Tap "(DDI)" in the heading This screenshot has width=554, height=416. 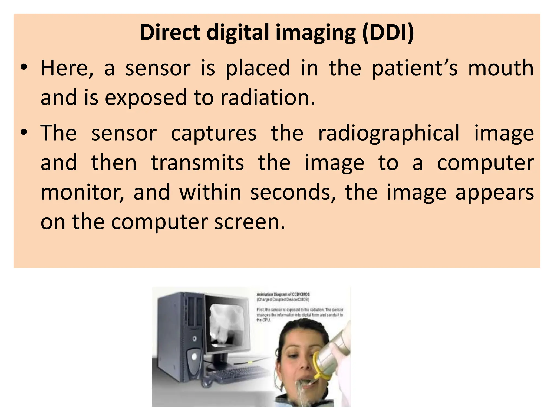388,32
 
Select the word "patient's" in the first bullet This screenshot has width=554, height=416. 415,68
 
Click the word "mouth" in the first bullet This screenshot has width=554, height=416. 501,68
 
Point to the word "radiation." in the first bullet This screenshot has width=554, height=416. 268,97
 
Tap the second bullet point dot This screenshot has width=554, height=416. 24,133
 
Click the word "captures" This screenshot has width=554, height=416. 214,133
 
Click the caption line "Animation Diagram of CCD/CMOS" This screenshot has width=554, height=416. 283,294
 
